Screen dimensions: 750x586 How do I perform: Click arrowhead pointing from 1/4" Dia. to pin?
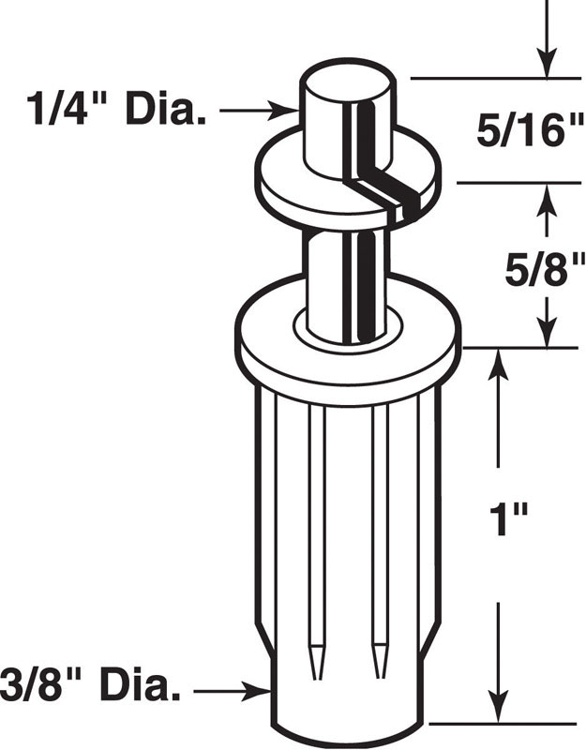[x=289, y=111]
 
